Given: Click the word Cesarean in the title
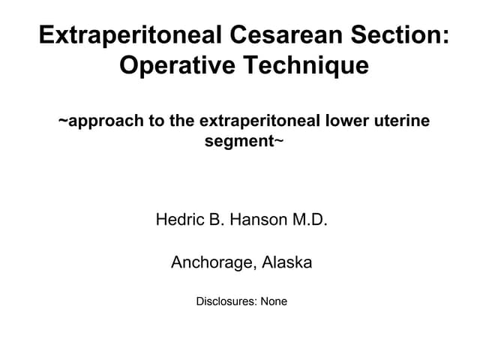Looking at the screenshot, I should coord(291,35).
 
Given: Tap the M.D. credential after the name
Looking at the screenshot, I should coord(310,220).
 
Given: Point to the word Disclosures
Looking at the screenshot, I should coord(226,302).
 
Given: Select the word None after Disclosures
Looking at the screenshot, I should coord(274,302).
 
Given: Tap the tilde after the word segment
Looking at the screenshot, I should coord(279,141).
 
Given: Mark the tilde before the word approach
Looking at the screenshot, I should coord(63,120).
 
